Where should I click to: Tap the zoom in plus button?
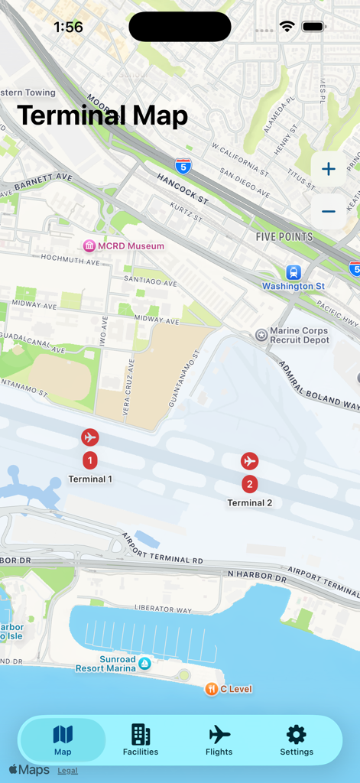pos(328,169)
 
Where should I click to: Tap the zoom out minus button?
pos(328,211)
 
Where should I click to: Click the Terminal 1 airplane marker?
pos(90,437)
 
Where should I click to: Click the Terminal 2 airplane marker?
pos(249,461)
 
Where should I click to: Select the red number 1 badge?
pos(90,460)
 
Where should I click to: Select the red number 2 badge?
pos(249,484)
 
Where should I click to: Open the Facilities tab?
pos(141,740)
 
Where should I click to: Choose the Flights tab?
pos(219,740)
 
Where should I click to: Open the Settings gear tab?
pos(297,740)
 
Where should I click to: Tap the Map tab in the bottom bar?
pos(63,740)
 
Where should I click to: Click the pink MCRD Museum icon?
pos(89,245)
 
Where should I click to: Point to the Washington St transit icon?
pos(294,272)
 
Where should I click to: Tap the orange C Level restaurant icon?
pos(211,689)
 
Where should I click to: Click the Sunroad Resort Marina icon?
pos(144,664)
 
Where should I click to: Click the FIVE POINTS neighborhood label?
pos(284,237)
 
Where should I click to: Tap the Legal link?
pos(67,771)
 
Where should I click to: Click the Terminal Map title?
pos(102,115)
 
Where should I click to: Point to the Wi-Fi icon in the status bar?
pos(287,27)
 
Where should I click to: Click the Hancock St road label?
pos(183,188)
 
